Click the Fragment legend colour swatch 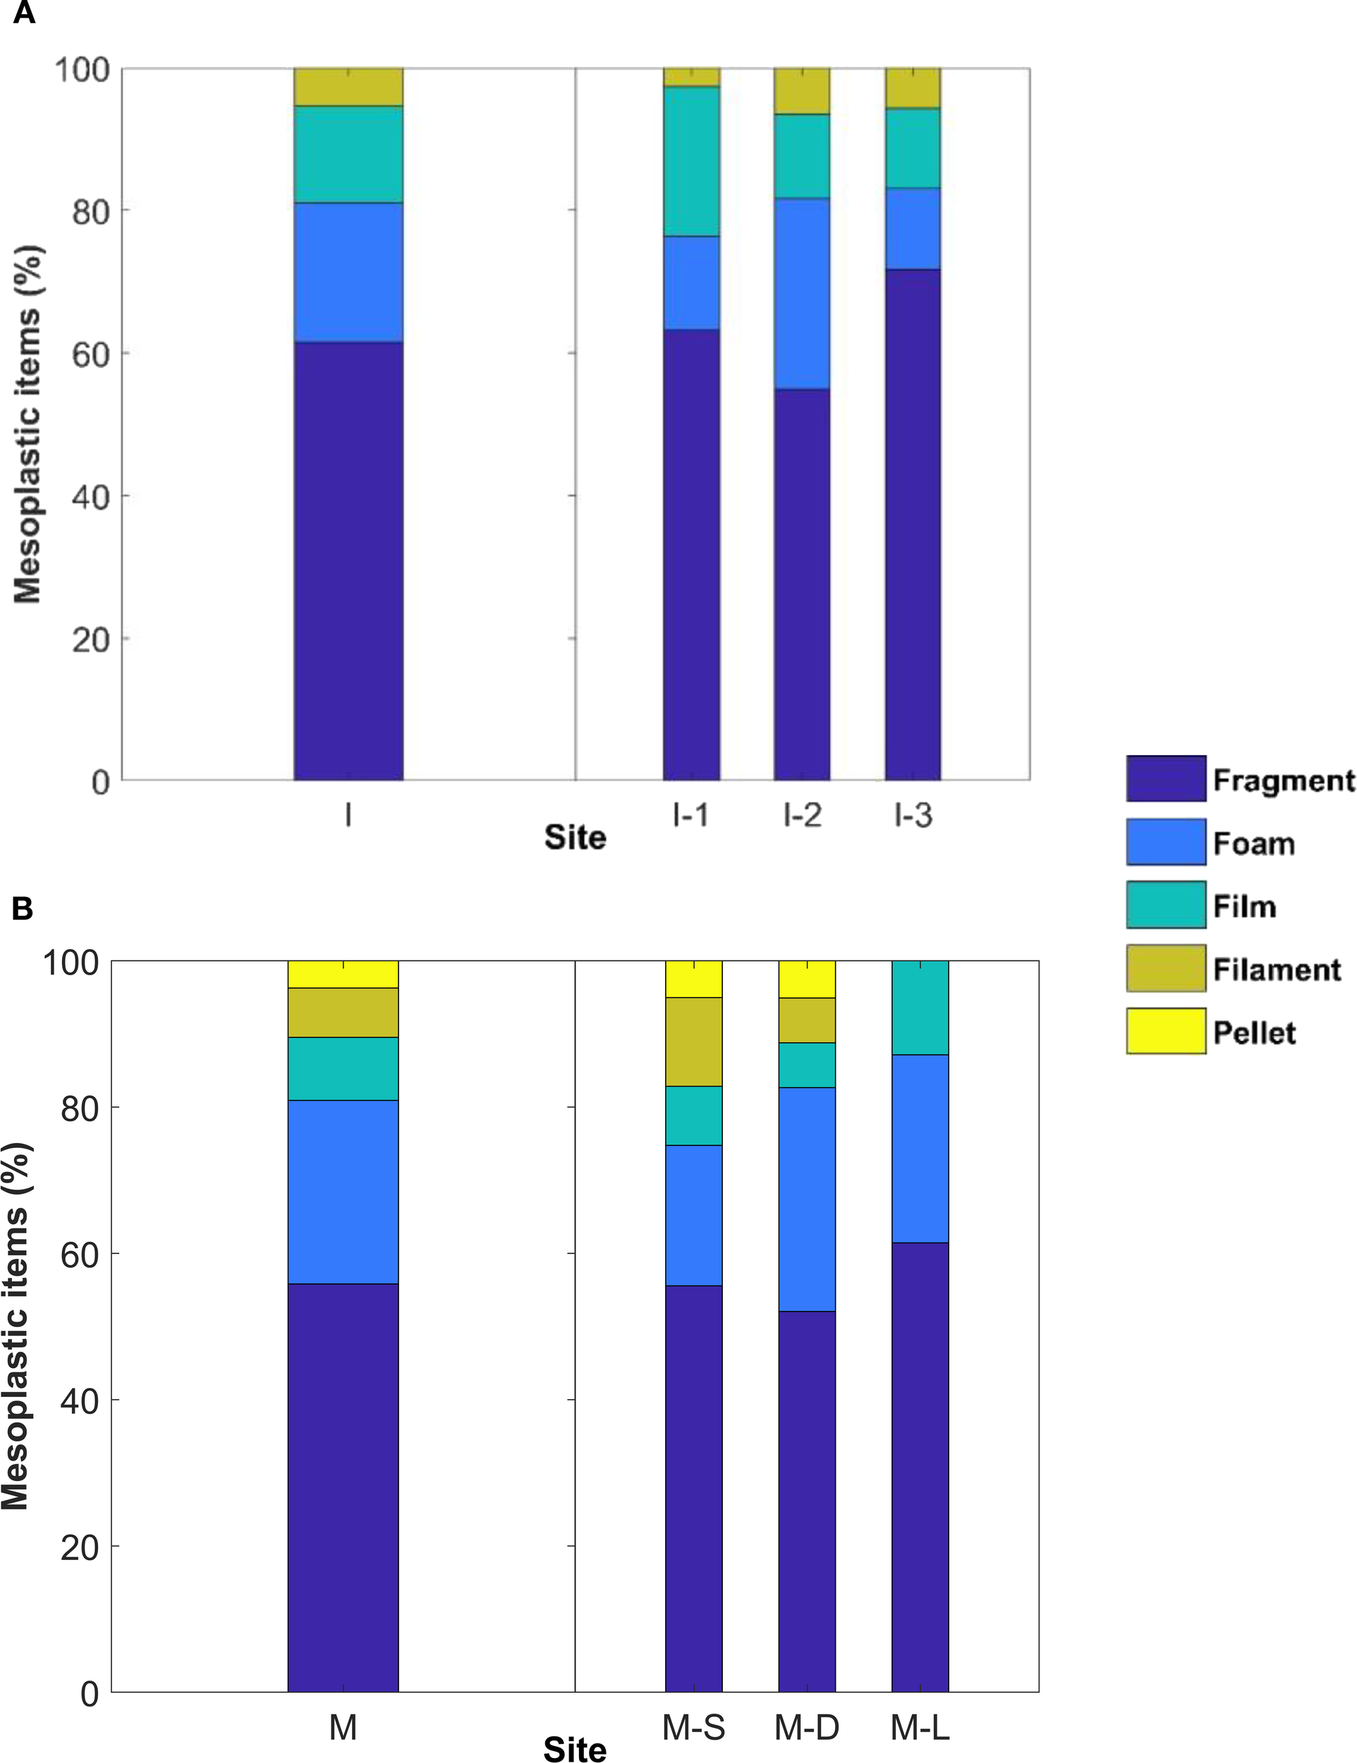(x=1165, y=778)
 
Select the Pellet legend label (x=1253, y=1032)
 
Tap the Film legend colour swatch (x=1165, y=905)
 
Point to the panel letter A (x=24, y=13)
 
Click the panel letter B (x=23, y=909)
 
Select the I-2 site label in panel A (x=802, y=815)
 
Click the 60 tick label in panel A (x=90, y=353)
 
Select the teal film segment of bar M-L (x=920, y=1008)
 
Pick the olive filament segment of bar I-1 (x=691, y=78)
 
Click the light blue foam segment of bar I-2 (x=802, y=293)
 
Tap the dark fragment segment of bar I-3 (x=912, y=525)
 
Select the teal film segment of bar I (x=348, y=154)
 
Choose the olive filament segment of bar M (x=343, y=1012)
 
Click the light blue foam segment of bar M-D (x=806, y=1199)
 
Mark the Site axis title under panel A (x=575, y=837)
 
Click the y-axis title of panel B (x=16, y=1324)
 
